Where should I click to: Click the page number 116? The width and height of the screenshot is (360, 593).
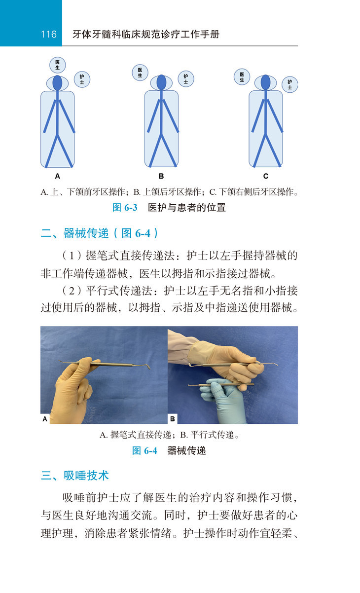pos(49,34)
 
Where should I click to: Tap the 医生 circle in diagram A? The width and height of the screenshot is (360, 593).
pos(57,65)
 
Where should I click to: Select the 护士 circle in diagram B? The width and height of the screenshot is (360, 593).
pos(186,79)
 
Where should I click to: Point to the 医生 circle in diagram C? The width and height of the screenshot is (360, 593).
pos(242,77)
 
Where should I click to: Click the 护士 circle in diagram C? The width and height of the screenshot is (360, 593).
pos(290,85)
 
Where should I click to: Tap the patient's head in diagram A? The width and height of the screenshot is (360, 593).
pos(57,83)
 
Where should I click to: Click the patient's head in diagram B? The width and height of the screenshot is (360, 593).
pos(161,82)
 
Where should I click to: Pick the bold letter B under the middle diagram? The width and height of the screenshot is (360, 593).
pos(161,176)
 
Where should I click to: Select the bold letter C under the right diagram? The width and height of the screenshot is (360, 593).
pos(266,176)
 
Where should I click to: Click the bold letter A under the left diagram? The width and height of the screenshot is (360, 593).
pos(57,176)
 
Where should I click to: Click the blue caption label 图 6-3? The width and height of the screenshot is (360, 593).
pos(125,208)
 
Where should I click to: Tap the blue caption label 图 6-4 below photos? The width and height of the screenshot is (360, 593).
pos(144,450)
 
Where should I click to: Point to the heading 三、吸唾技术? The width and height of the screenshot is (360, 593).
pos(75,476)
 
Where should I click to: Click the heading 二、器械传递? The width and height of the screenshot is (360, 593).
pos(75,233)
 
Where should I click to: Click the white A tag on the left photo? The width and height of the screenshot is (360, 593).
pos(45,419)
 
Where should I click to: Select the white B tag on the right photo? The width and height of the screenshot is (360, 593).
pos(173,419)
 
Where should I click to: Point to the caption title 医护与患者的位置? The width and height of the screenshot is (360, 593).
pos(187,208)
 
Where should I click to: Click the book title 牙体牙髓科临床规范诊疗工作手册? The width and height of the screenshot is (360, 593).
pos(146,35)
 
